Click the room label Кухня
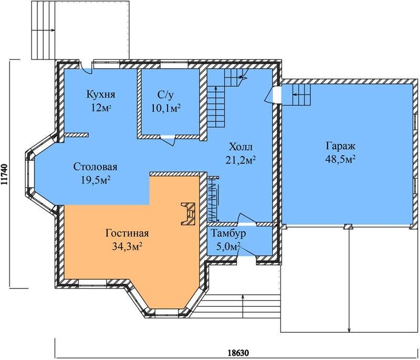click(x=101, y=95)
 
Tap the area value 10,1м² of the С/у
click(x=166, y=108)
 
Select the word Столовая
click(x=96, y=167)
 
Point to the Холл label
click(x=241, y=147)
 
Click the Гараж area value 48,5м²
click(x=340, y=159)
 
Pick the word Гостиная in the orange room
click(x=127, y=233)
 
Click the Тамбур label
click(x=228, y=233)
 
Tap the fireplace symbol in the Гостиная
click(x=188, y=214)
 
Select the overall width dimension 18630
click(x=238, y=352)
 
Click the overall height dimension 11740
click(x=4, y=175)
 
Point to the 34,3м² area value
click(x=127, y=246)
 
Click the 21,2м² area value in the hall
click(x=240, y=160)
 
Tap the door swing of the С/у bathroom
click(x=168, y=140)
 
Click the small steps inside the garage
click(x=301, y=95)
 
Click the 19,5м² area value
click(x=96, y=180)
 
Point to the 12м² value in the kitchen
click(x=101, y=108)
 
